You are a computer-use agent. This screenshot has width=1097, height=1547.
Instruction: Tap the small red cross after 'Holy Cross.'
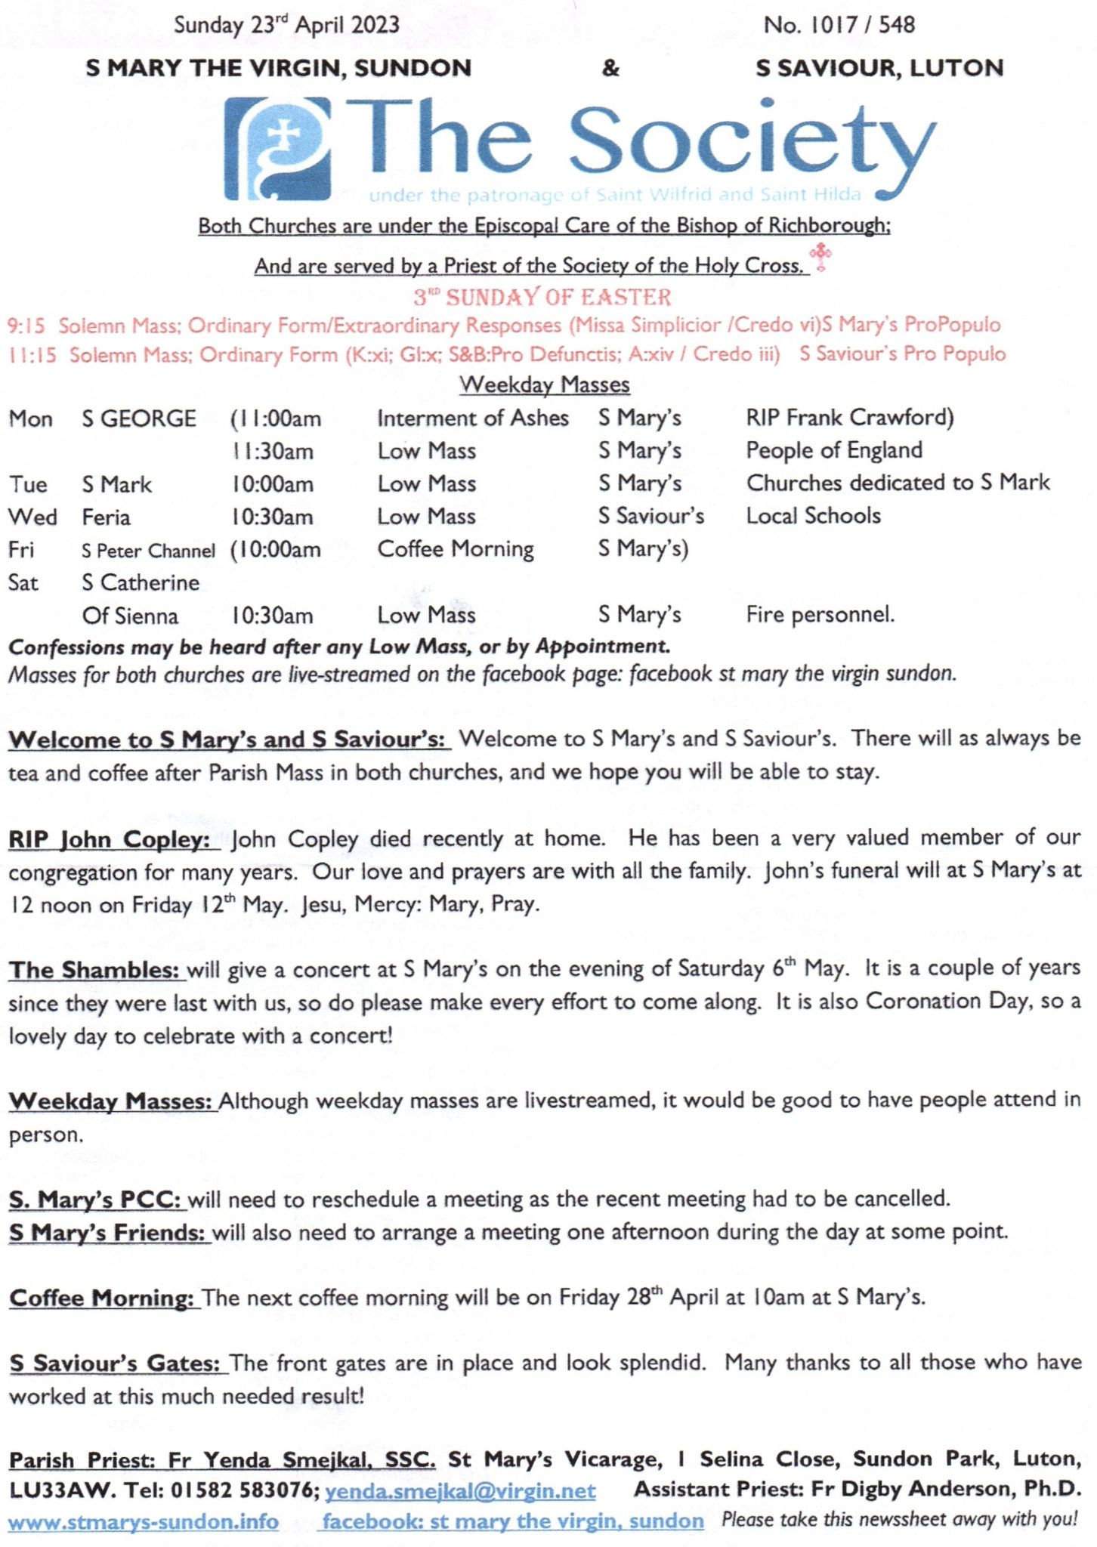820,257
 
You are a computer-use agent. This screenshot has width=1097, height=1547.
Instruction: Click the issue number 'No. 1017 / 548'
839,25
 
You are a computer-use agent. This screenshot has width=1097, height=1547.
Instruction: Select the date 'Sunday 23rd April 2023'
286,25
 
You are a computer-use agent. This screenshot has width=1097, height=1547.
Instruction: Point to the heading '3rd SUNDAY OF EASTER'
542,297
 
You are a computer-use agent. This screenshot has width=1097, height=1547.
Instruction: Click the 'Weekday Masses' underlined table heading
544,384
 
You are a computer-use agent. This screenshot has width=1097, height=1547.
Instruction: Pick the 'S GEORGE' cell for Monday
139,418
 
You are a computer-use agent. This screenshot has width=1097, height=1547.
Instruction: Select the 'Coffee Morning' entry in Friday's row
456,549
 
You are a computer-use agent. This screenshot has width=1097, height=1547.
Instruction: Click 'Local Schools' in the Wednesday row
813,516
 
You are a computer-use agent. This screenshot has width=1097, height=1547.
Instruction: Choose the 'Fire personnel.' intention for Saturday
820,615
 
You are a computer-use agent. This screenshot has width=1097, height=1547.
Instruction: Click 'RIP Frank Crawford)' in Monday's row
849,417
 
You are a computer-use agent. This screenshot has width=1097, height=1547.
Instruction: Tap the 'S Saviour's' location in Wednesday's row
650,516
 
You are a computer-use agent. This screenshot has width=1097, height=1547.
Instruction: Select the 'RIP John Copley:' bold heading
110,839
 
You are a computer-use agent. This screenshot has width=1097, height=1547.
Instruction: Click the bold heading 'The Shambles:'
95,970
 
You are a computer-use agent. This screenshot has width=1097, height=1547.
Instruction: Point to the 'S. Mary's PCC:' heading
95,1200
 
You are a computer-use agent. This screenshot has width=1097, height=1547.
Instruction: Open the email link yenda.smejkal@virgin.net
460,1490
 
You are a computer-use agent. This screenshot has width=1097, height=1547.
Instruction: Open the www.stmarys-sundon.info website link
144,1521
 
